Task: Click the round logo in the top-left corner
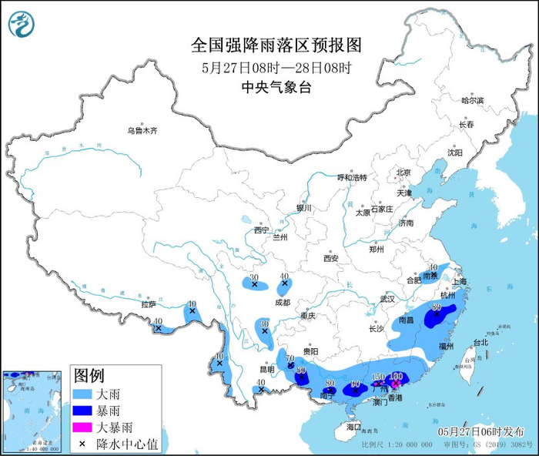click(22, 25)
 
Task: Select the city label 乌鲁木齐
click(142, 131)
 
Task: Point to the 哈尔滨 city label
click(472, 101)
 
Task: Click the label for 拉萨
click(148, 304)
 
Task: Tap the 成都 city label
click(282, 303)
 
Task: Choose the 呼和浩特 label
click(351, 177)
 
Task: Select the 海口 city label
click(353, 426)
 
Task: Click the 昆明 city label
click(266, 370)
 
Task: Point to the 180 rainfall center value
click(397, 375)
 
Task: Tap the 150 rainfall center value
click(378, 377)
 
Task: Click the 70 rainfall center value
click(291, 359)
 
